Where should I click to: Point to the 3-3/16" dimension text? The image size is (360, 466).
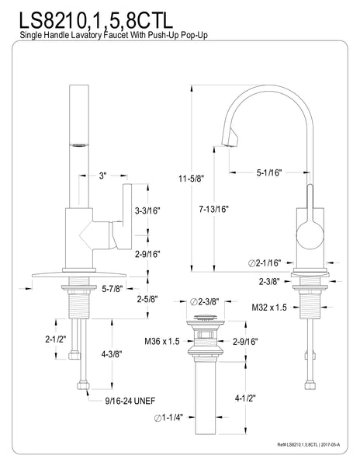click(x=148, y=210)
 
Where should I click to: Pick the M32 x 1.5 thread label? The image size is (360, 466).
click(x=269, y=307)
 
